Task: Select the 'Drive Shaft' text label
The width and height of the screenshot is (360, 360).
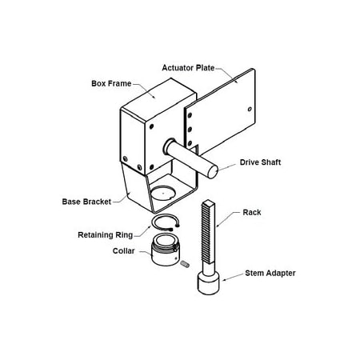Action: [x=261, y=162]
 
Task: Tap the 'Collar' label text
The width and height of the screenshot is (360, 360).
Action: [x=124, y=250]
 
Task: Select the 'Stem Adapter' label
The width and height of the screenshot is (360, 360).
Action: [x=270, y=273]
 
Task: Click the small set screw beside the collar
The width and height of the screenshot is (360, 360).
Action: [x=184, y=263]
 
